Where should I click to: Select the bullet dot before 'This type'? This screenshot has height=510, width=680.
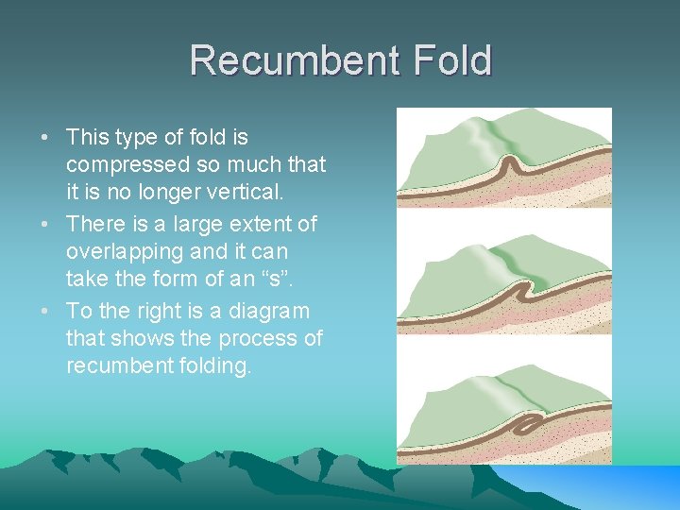(45, 138)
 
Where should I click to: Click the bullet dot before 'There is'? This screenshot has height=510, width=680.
(45, 225)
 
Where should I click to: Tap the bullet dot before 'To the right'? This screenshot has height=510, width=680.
(45, 312)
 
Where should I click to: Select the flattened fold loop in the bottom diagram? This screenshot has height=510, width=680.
(524, 425)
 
